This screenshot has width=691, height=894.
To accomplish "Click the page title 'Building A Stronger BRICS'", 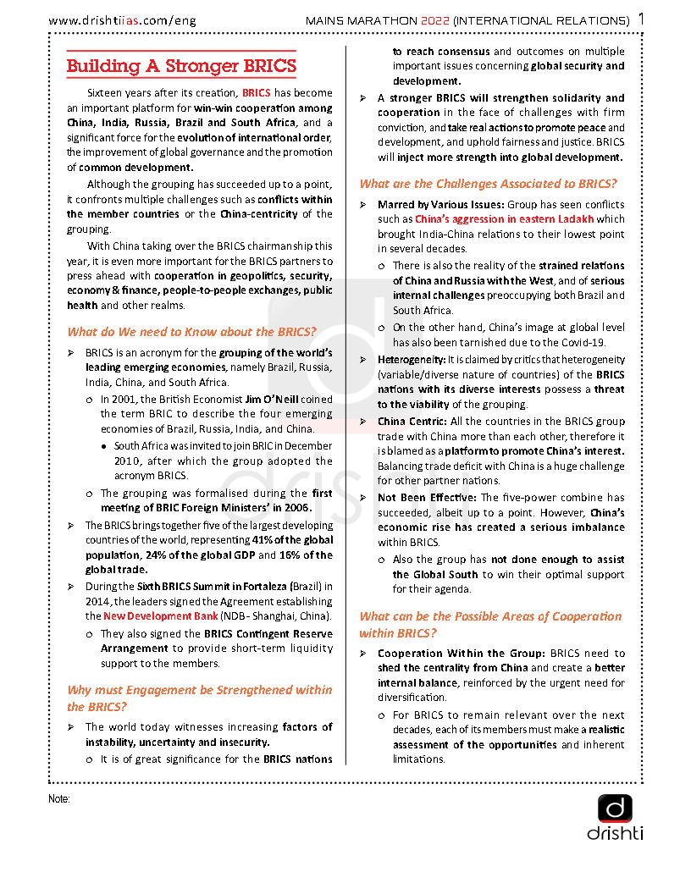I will [x=182, y=66].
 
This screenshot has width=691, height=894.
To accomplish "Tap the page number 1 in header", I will [x=641, y=19].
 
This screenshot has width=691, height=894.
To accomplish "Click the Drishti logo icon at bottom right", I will [x=615, y=808].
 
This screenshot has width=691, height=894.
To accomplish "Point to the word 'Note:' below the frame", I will [x=59, y=798].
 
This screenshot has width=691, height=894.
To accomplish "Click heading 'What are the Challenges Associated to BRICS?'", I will [x=488, y=184].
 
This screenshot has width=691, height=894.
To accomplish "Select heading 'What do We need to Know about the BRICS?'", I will [x=192, y=332].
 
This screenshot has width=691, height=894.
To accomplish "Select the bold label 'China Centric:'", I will [x=412, y=421].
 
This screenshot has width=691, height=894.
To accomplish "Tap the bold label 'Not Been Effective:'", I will [x=427, y=498].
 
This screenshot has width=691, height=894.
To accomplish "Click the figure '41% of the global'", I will [x=292, y=539].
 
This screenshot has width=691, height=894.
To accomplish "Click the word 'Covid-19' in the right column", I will [x=584, y=343].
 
